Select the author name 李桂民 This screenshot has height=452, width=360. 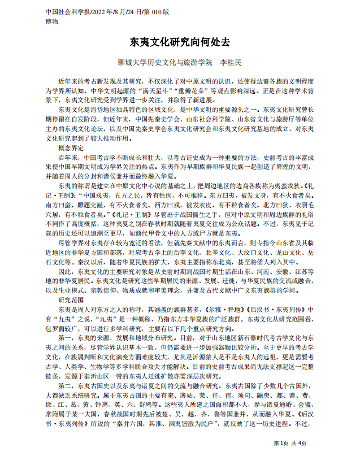[x=230, y=62]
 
